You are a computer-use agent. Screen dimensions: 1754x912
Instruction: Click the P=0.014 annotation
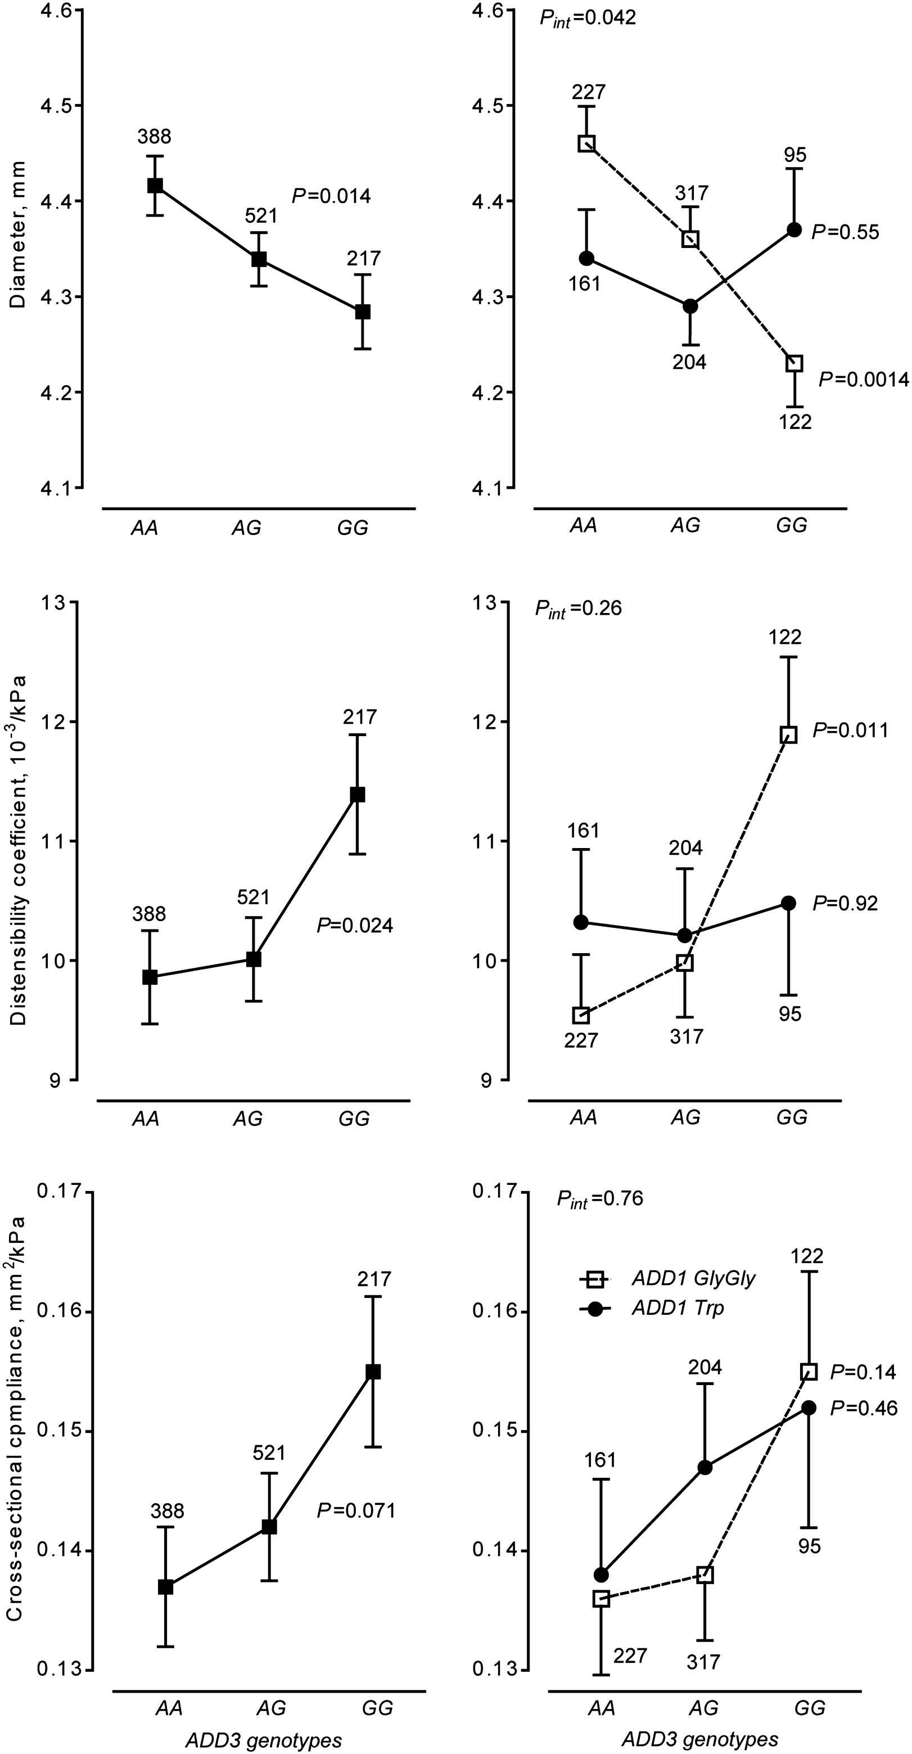point(331,196)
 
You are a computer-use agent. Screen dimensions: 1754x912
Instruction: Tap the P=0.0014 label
point(863,379)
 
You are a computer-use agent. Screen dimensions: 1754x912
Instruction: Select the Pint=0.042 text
point(588,17)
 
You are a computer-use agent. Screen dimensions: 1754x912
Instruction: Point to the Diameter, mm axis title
point(17,235)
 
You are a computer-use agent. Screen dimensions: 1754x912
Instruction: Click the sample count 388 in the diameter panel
point(154,137)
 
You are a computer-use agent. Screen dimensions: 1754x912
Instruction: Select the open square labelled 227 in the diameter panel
point(586,143)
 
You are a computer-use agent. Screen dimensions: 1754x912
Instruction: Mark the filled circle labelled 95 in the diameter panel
point(794,230)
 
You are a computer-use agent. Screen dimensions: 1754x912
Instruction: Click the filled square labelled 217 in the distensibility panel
point(357,795)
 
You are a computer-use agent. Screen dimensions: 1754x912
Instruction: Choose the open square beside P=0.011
point(789,734)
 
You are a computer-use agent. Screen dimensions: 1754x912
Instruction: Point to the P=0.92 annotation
point(845,904)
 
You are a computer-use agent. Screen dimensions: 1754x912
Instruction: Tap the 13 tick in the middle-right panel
point(484,603)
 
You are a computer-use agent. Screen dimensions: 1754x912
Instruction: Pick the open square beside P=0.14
point(809,1372)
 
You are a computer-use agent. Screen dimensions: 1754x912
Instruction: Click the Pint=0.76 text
point(599,1198)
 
